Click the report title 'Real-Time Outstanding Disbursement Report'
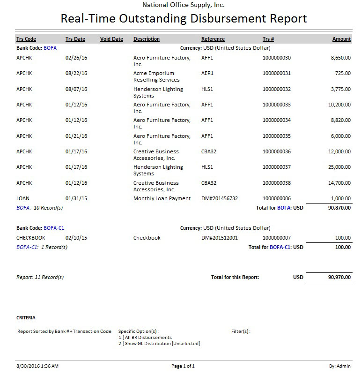pos(184,19)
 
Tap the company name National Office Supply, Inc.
pos(184,5)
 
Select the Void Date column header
pos(111,39)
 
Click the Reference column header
pos(213,39)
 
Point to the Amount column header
pos(341,39)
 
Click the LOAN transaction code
pos(23,199)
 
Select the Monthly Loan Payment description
pos(162,199)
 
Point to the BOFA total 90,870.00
pos(339,208)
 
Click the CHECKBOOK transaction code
pos(31,238)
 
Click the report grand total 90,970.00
pos(339,278)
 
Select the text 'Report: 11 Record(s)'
pos(40,278)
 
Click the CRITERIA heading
pos(26,318)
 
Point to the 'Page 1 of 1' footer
pos(183,366)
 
